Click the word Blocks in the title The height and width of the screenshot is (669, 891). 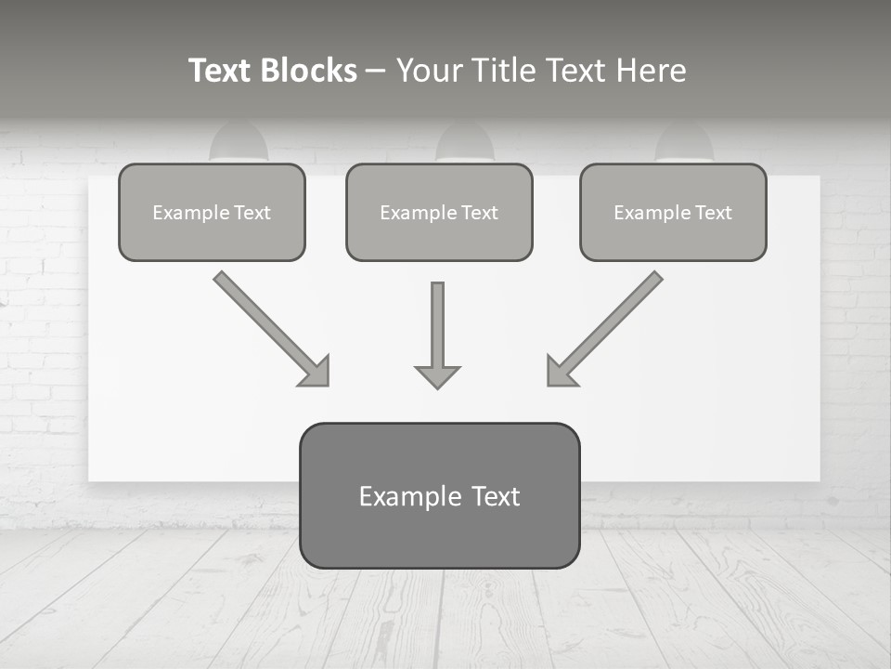[x=309, y=71]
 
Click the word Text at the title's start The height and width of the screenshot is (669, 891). [x=219, y=71]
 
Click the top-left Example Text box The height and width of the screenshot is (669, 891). [x=212, y=213]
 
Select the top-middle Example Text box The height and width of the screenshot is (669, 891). [x=439, y=213]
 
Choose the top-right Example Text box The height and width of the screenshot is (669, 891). [x=673, y=213]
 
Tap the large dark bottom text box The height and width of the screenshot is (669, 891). [x=439, y=496]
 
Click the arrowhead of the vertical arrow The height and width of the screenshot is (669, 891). [x=437, y=376]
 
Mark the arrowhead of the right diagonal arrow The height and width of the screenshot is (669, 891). [x=560, y=373]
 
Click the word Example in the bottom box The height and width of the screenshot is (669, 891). [x=397, y=496]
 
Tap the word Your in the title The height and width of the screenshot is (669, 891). [x=427, y=71]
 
